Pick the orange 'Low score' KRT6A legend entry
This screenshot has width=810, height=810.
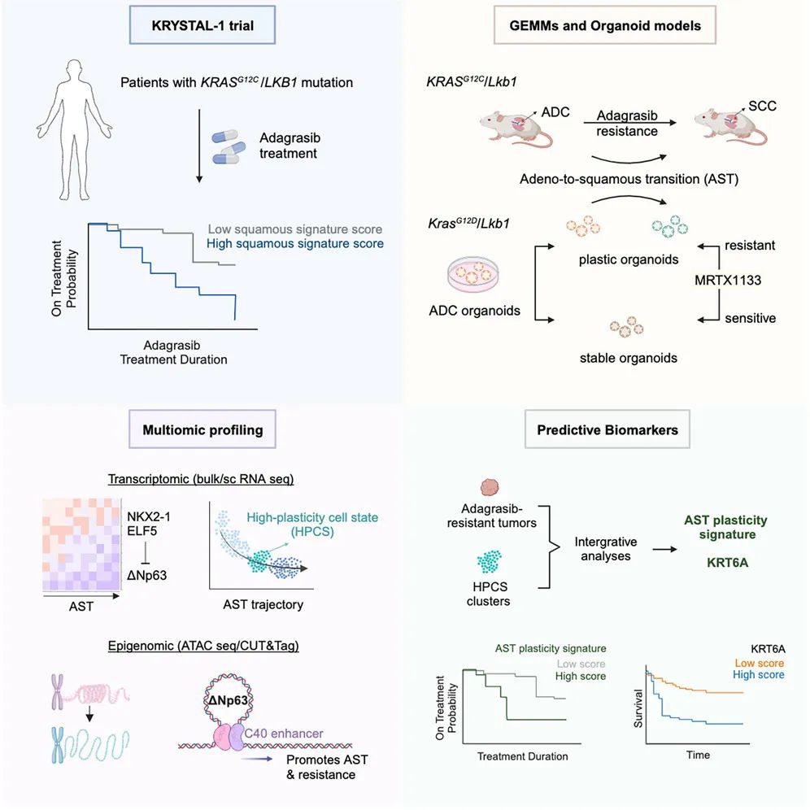point(759,663)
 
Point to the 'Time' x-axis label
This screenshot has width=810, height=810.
point(698,756)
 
